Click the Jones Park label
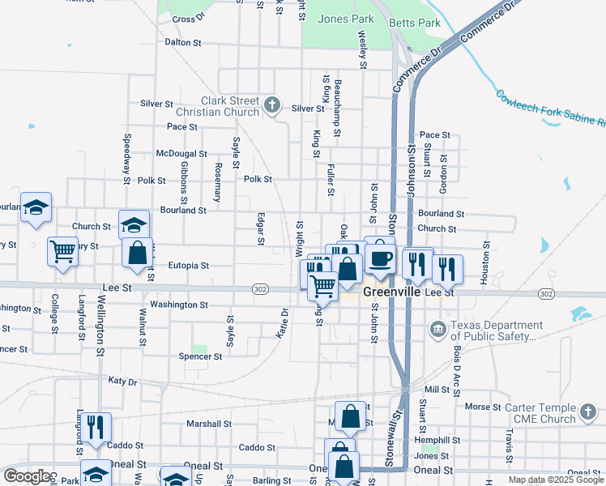pos(346,19)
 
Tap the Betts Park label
pos(415,23)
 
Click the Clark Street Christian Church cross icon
pos(273,104)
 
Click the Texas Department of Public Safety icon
pos(437,330)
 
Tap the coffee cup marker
pos(378,258)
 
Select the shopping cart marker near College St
pos(62,251)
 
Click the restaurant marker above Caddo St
pos(96,426)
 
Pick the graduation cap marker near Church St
pos(134,224)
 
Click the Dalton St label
pos(182,42)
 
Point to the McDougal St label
pos(181,154)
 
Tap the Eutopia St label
pos(188,265)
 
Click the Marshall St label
pos(209,424)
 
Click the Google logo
pos(27,476)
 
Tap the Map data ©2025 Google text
pos(556,480)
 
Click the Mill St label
pos(436,390)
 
